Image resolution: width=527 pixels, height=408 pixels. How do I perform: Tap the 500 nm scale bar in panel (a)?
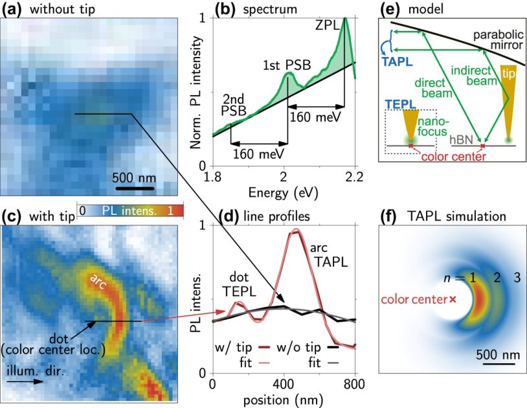click(135, 190)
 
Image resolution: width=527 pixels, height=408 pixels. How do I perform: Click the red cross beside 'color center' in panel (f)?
click(453, 299)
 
